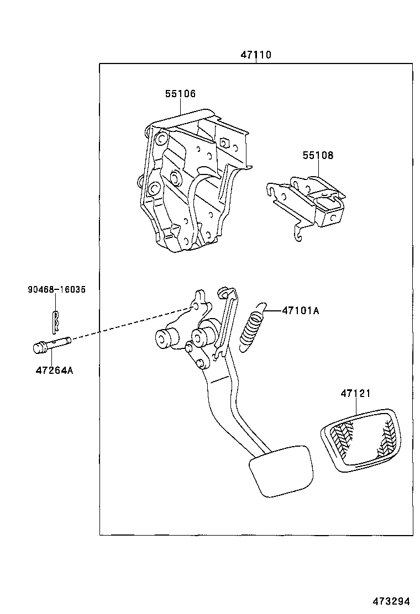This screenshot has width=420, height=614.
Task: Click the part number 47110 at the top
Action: [255, 55]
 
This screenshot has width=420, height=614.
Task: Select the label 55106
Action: [180, 94]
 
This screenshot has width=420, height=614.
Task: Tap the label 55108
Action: [318, 156]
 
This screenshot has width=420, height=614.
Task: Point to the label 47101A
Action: [300, 311]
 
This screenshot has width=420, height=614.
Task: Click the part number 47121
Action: [355, 394]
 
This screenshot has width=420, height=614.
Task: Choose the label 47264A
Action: [54, 370]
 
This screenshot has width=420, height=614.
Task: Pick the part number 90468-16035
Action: [56, 289]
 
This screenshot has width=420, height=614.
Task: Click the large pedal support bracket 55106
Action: [188, 182]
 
